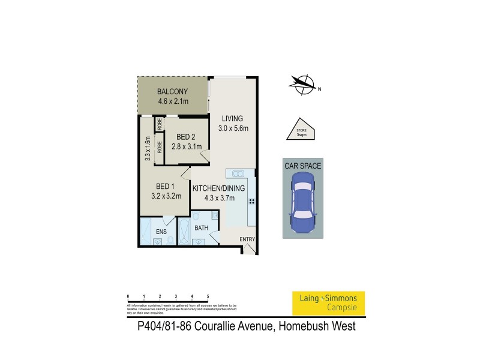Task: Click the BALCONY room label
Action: (173, 92)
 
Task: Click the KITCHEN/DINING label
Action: (219, 188)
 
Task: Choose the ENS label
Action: (161, 230)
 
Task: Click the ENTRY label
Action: (247, 239)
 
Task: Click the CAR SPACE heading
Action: (303, 163)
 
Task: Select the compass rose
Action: (302, 84)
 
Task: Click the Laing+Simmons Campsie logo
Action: (328, 303)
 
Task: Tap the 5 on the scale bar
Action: (208, 296)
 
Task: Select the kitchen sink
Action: (238, 174)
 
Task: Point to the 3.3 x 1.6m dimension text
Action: (147, 149)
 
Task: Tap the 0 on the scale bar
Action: (128, 296)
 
